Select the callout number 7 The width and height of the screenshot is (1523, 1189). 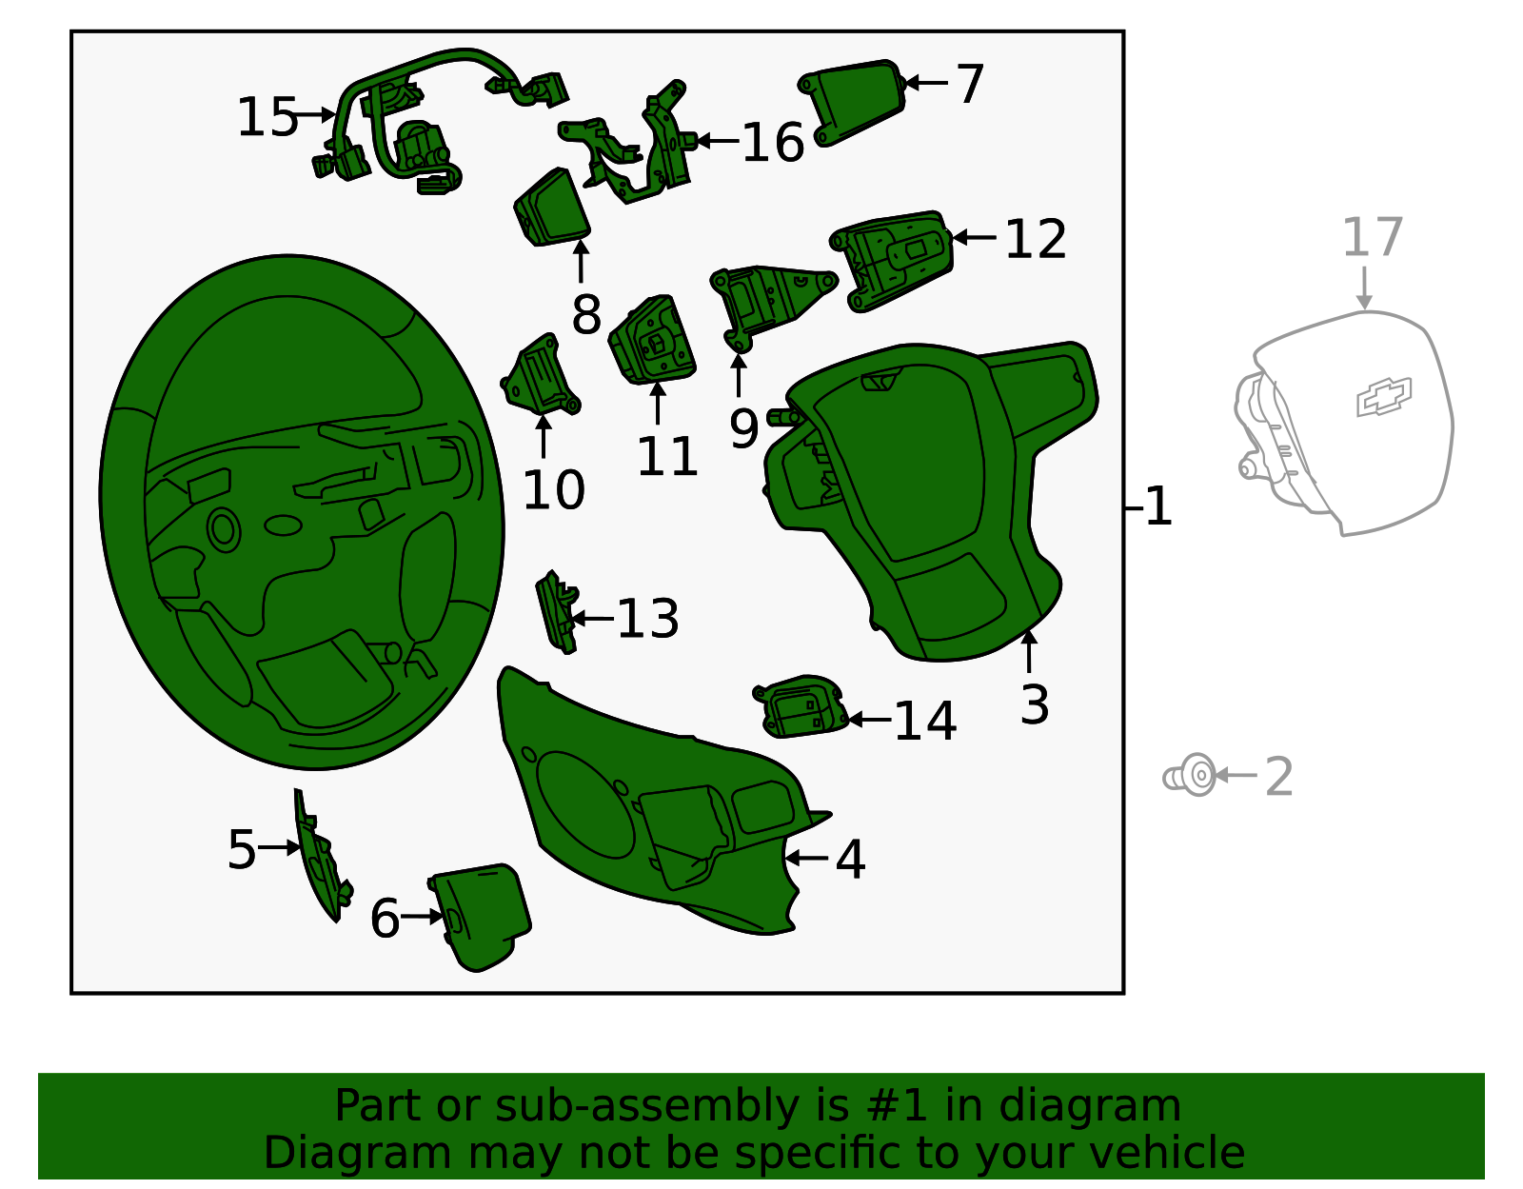pyautogui.click(x=970, y=84)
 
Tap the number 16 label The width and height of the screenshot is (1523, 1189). pyautogui.click(x=772, y=142)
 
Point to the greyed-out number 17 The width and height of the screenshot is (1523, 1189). pyautogui.click(x=1372, y=237)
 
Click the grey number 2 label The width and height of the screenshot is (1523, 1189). pyautogui.click(x=1279, y=776)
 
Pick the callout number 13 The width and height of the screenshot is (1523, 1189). pyautogui.click(x=647, y=619)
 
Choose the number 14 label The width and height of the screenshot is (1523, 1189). pyautogui.click(x=925, y=721)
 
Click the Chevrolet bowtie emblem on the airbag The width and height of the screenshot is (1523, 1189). pyautogui.click(x=1383, y=397)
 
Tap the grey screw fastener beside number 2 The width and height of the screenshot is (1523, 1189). pyautogui.click(x=1190, y=775)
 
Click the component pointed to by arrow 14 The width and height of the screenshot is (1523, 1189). pyautogui.click(x=801, y=706)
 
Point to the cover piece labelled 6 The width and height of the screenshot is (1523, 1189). pyautogui.click(x=482, y=917)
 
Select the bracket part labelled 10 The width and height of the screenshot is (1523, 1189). pyautogui.click(x=541, y=376)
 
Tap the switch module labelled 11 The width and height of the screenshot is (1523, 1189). pyautogui.click(x=653, y=341)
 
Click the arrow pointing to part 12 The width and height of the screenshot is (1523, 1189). pyautogui.click(x=974, y=238)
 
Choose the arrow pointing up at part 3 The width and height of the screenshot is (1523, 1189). pyautogui.click(x=1029, y=651)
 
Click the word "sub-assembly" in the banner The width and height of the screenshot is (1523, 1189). pyautogui.click(x=645, y=1106)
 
